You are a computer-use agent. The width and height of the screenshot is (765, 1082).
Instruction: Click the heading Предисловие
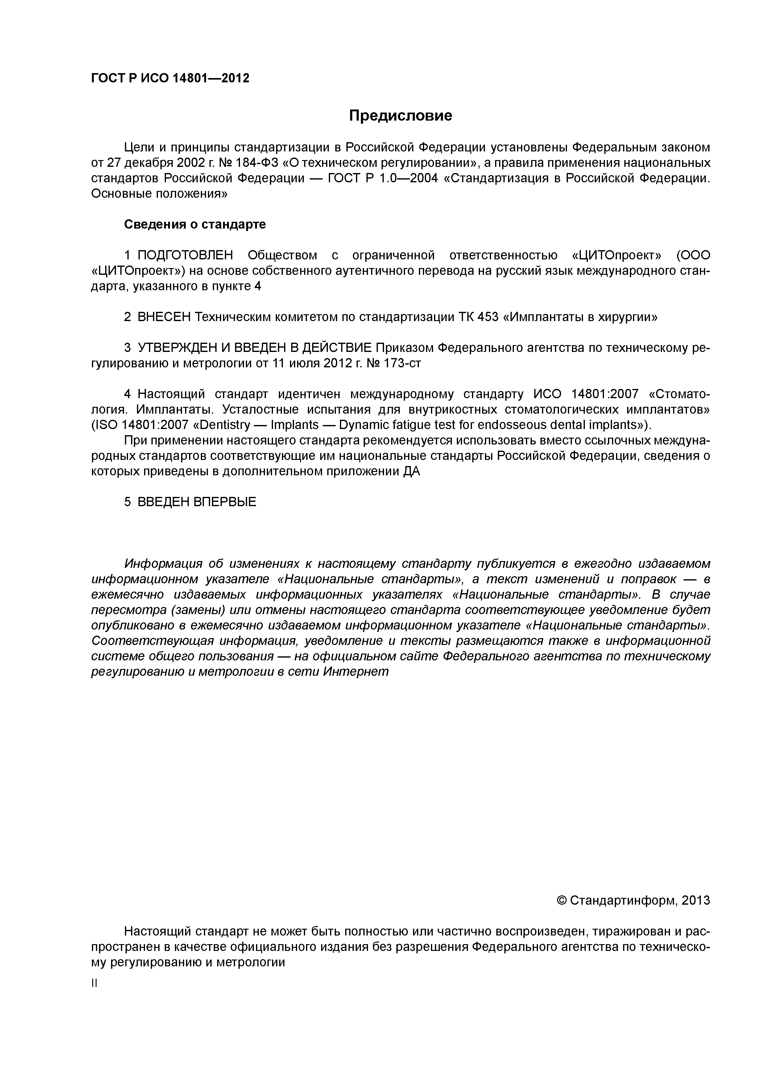pos(400,115)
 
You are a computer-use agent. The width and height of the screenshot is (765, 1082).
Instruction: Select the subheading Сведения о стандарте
pos(195,224)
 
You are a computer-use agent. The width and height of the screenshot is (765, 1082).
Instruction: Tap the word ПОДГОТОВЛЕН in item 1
pos(185,255)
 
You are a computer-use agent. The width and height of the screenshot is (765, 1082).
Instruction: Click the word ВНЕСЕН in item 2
pos(163,317)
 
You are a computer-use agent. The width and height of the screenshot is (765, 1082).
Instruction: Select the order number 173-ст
pos(403,363)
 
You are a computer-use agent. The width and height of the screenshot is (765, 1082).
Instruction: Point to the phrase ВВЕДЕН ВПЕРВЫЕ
pos(196,502)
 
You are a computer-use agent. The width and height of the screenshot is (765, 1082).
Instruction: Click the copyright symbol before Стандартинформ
pos(561,901)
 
